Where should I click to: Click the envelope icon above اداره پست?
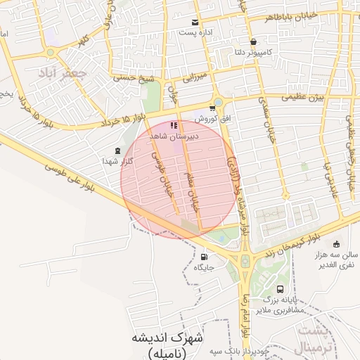[195, 22]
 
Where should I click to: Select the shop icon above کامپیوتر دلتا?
[253, 41]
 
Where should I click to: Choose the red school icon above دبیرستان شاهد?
[174, 125]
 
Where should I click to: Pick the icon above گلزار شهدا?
[117, 150]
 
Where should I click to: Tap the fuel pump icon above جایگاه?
[204, 257]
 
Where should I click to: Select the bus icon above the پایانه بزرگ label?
[281, 289]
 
